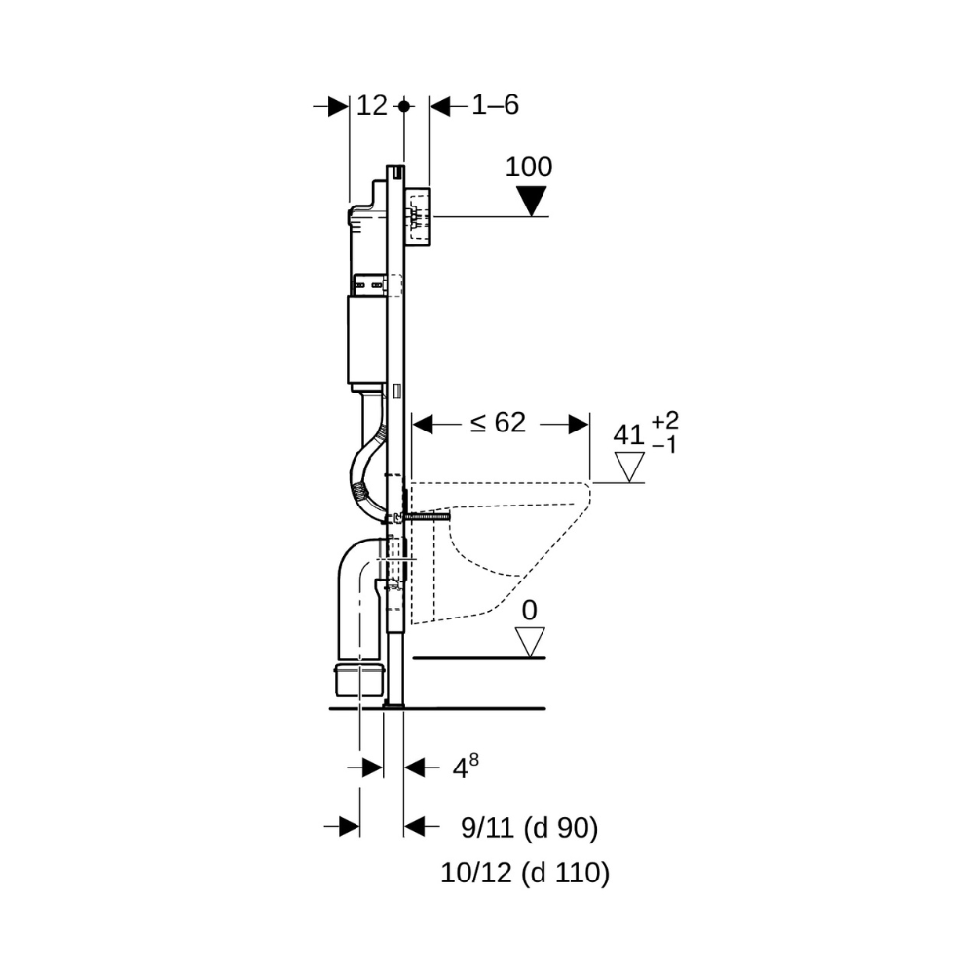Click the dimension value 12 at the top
372,106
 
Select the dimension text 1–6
495,106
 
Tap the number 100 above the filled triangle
529,167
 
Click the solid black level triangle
530,201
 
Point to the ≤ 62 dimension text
498,423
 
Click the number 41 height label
628,434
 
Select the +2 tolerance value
665,421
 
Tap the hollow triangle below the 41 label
631,468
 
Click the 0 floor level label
529,611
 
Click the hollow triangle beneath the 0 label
530,642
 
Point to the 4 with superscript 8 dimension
464,768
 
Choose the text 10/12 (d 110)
525,873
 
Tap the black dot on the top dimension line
405,106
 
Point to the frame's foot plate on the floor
393,705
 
